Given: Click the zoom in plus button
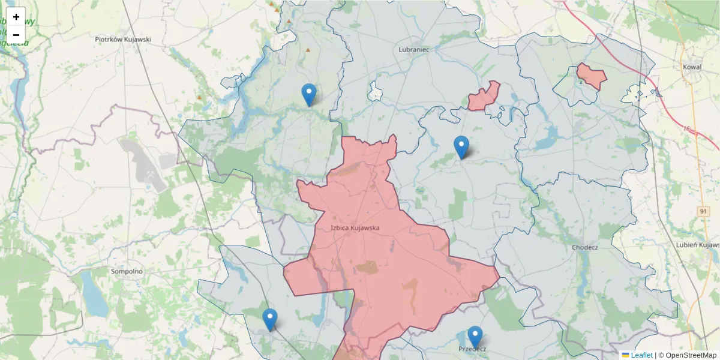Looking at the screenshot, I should point(16,17).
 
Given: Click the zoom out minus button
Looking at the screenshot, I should point(16,35).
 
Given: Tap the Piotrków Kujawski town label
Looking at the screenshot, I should point(123,40).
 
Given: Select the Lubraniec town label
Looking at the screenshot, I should point(414,50).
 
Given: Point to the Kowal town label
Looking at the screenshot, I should point(692,67).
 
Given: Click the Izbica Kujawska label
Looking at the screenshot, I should point(355,228).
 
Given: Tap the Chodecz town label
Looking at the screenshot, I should point(585,247).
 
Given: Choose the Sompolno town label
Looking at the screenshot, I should point(127,271).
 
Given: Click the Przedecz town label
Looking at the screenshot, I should point(472,349).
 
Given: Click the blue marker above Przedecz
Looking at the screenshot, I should point(475,337).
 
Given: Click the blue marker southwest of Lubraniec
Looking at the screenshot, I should point(309,94).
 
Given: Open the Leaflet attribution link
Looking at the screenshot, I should point(641,355).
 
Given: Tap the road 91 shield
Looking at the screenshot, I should point(703,212).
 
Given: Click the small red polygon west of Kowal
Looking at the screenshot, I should point(592,76).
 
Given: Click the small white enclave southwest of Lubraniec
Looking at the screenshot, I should point(376,92).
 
